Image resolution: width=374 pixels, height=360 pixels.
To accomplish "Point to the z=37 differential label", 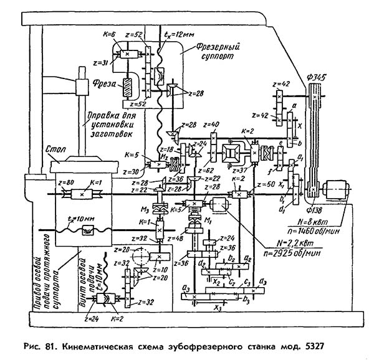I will pos(239,169).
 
